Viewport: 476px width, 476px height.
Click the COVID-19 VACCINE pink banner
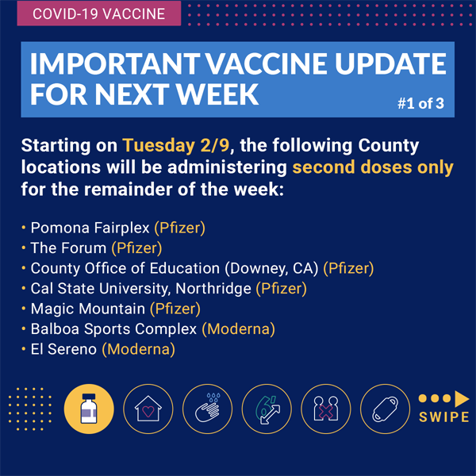99,13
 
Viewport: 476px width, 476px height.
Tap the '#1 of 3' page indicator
420,103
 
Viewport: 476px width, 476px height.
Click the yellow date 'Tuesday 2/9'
176,145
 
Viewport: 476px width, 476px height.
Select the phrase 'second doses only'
373,167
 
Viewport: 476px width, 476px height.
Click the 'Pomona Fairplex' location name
90,228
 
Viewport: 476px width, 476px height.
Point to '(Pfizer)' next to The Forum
136,248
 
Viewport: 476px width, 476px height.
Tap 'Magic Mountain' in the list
88,309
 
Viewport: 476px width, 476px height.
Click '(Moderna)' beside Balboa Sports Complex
239,329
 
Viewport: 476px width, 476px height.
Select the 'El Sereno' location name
63,349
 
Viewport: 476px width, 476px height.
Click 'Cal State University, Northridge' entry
141,289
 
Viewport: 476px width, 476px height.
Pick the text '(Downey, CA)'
271,268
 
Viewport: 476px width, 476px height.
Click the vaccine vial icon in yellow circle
89,409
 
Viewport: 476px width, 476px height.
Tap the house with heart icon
148,409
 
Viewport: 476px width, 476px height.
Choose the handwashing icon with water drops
207,409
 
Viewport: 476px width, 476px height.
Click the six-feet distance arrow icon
267,409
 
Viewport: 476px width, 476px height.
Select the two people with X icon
326,409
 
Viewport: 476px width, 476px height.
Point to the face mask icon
385,409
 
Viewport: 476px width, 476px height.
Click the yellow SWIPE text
444,417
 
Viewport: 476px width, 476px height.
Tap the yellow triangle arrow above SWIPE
462,398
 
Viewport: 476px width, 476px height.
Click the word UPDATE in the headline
390,63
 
